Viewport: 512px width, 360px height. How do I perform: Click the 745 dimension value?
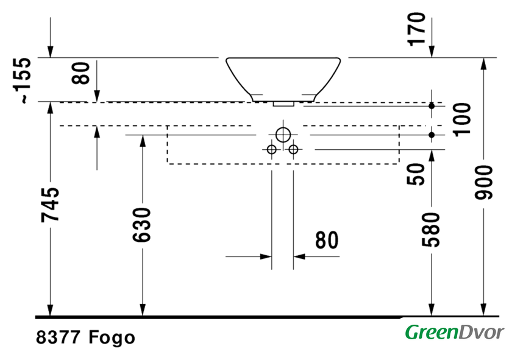(x=50, y=205)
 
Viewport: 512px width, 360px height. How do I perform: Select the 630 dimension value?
(x=142, y=225)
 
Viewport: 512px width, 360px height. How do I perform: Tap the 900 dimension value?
(x=483, y=182)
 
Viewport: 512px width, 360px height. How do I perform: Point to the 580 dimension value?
(x=431, y=230)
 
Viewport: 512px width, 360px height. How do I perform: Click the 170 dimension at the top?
(x=417, y=29)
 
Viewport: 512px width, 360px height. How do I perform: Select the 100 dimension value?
(x=462, y=119)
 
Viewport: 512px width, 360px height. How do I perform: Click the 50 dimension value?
(x=417, y=174)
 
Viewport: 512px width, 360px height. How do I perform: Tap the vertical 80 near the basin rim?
(x=80, y=72)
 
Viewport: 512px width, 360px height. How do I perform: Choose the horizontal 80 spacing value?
(x=327, y=240)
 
